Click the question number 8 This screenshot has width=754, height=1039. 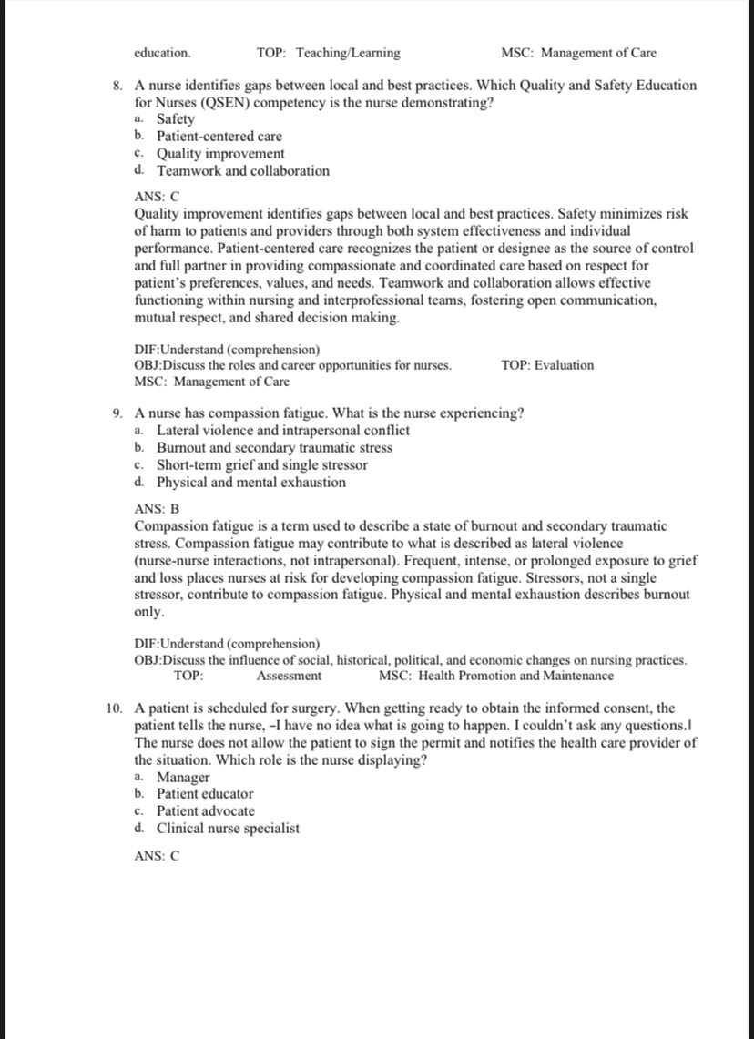[117, 86]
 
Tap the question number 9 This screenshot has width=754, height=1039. [117, 413]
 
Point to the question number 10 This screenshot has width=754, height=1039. [114, 708]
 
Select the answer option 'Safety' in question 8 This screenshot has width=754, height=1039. [175, 119]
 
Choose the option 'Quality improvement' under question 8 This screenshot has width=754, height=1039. [219, 154]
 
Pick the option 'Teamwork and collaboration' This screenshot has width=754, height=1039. [242, 171]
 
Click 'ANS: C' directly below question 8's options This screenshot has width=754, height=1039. [157, 197]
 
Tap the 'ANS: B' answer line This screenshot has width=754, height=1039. [157, 508]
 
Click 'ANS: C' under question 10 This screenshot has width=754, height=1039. [157, 856]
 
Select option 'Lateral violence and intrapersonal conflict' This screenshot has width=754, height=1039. [282, 431]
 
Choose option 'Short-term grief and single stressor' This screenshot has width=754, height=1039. [262, 465]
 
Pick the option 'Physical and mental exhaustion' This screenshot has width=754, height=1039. [250, 483]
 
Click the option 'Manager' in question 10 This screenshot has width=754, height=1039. [182, 777]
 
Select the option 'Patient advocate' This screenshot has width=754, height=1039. [205, 811]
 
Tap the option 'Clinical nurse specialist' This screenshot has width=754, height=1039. [228, 829]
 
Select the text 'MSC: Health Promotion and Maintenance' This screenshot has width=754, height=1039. [495, 676]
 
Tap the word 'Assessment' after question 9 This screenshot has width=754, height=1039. [289, 676]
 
